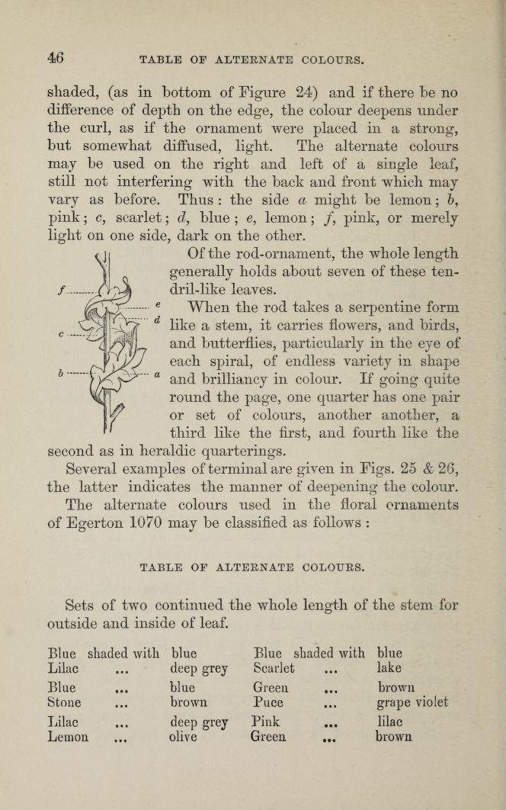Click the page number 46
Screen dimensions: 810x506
pyautogui.click(x=55, y=58)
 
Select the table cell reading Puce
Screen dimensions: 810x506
pyautogui.click(x=268, y=702)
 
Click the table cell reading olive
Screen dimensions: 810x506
pyautogui.click(x=183, y=738)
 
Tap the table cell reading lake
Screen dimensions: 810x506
pyautogui.click(x=389, y=669)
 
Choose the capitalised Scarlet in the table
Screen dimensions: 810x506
pyautogui.click(x=274, y=669)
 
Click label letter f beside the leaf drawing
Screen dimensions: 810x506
pyautogui.click(x=59, y=290)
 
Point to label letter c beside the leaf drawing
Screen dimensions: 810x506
pyautogui.click(x=59, y=333)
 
